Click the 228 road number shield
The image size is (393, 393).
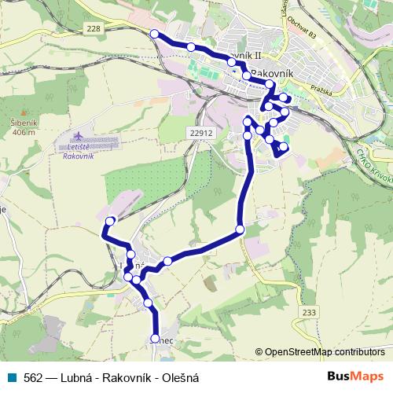(x=94, y=28)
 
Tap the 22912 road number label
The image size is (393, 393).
(x=201, y=133)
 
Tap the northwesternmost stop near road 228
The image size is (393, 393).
(x=155, y=34)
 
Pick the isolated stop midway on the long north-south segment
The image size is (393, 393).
(x=240, y=230)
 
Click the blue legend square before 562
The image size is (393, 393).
(x=12, y=377)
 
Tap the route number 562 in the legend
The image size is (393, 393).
(x=33, y=377)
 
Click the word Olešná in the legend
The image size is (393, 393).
(x=180, y=377)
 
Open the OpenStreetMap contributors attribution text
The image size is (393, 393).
(x=325, y=353)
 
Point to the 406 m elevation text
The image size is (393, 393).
(x=24, y=133)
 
